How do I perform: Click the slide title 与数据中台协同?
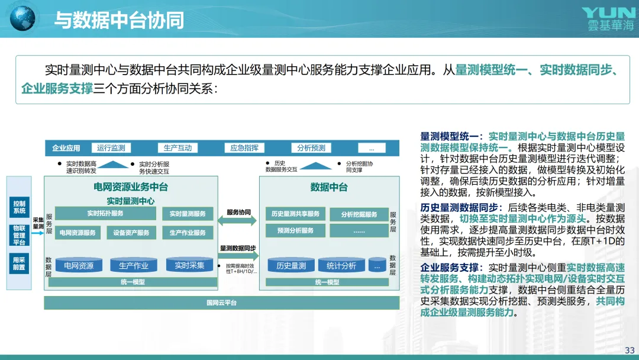(x=119, y=20)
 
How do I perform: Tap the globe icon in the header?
(x=23, y=18)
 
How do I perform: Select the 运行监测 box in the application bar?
(x=111, y=148)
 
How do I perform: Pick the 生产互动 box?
(x=177, y=148)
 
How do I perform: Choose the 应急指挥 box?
(x=244, y=148)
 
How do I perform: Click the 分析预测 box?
(x=311, y=148)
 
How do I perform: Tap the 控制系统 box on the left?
(x=20, y=207)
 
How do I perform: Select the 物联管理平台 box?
(x=20, y=234)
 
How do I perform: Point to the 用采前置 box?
(x=20, y=263)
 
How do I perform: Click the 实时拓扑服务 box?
(x=105, y=214)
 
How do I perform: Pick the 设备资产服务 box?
(x=131, y=233)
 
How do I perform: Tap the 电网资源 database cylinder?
(x=79, y=265)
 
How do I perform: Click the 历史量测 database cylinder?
(x=291, y=265)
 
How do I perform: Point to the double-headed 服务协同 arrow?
(x=238, y=221)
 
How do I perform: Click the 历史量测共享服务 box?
(x=295, y=214)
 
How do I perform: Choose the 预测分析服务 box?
(x=295, y=230)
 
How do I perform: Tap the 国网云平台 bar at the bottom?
(x=221, y=303)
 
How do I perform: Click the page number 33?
(x=629, y=350)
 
